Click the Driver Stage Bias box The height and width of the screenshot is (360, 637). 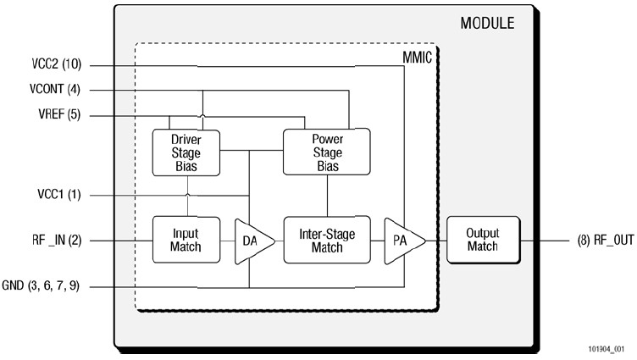(186, 152)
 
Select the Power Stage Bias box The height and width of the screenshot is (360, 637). (326, 151)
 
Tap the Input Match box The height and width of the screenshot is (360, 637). (186, 241)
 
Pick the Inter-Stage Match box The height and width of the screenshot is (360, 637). (326, 241)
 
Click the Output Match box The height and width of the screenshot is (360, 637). (483, 240)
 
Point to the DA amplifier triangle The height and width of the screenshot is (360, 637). (252, 241)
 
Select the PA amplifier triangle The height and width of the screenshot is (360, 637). (401, 241)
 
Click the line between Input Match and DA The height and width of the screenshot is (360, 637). (226, 241)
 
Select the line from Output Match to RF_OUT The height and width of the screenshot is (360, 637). (543, 241)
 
